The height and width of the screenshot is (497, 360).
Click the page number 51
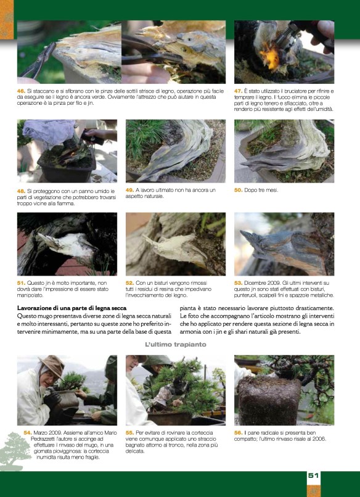coord(313,475)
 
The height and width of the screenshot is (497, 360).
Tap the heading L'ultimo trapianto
coord(176,344)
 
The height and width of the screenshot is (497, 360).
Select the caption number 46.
coord(21,91)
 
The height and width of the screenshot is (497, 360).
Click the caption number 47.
coord(239,91)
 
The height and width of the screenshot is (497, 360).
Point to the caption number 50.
coord(239,190)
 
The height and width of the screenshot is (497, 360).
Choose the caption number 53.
coord(239,283)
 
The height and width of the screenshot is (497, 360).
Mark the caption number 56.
coord(239,433)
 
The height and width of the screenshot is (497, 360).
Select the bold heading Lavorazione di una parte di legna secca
coord(72,308)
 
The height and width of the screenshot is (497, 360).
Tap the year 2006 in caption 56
coord(320,439)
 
